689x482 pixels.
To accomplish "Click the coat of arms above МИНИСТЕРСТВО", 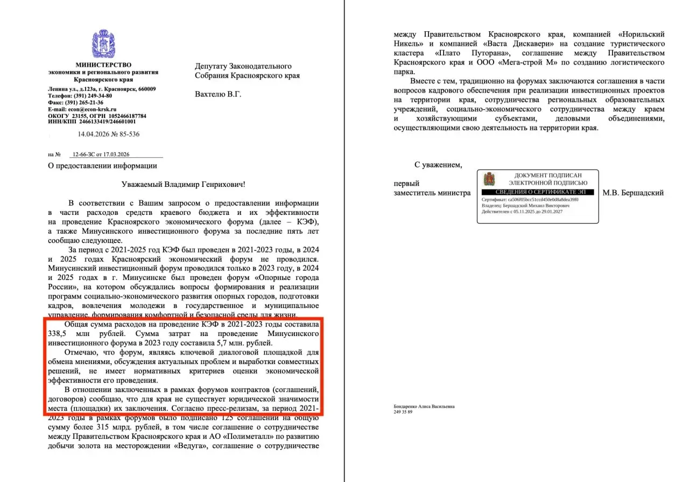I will pos(103,45).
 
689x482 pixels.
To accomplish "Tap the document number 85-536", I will pos(128,135).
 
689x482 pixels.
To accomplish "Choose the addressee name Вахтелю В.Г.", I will pos(218,95).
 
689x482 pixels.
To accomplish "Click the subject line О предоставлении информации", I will pos(102,166).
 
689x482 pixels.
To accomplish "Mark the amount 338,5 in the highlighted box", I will pos(59,334).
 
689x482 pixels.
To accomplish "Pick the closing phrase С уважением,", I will pos(438,165).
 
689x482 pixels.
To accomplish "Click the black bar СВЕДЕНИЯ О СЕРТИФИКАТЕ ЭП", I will pos(537,192).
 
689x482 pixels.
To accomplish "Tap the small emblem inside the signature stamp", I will pos(489,179).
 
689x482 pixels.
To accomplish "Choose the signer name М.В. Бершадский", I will pos(633,193).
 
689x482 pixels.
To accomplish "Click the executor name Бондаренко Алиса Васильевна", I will pos(424,407).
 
